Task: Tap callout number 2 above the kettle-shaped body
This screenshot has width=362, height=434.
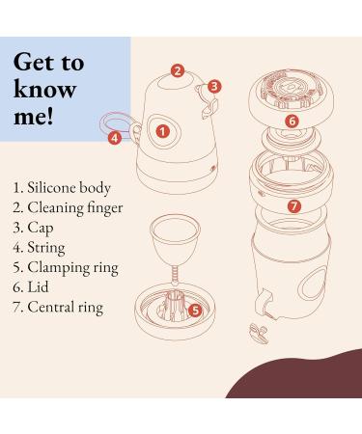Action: point(177,70)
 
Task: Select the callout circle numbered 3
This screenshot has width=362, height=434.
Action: point(214,87)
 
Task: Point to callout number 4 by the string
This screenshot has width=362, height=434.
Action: point(115,138)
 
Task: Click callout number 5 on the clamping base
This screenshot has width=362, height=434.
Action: point(195,311)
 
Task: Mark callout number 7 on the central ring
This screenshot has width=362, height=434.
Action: point(293,205)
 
